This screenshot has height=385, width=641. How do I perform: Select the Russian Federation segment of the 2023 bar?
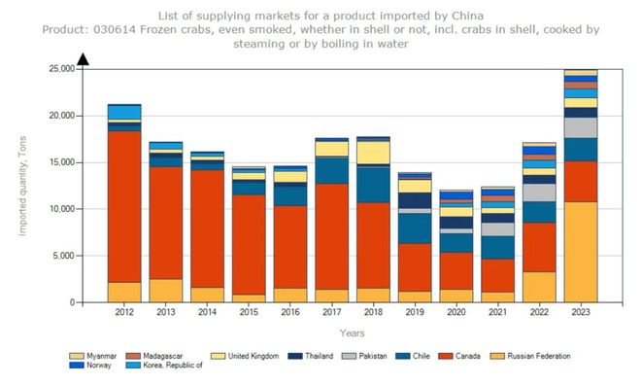click(x=581, y=252)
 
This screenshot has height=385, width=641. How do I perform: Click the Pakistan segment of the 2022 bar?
click(x=539, y=192)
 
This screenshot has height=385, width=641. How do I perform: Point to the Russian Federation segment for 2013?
click(x=165, y=291)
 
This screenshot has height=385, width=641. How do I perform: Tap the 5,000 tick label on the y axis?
click(x=63, y=256)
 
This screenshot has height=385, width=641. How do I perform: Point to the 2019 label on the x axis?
click(x=415, y=312)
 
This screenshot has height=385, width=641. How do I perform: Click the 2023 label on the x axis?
click(x=581, y=312)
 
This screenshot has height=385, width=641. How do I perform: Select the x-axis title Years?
click(x=353, y=332)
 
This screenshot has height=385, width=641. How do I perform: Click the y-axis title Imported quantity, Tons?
click(x=21, y=185)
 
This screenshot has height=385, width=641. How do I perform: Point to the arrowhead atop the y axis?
click(x=83, y=59)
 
